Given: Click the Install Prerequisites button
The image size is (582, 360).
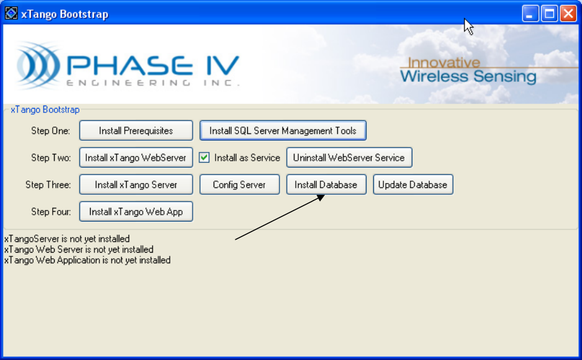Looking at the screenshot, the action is [136, 131].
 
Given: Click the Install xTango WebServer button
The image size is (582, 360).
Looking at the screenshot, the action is [136, 158].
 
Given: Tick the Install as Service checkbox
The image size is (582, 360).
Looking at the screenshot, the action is [204, 158].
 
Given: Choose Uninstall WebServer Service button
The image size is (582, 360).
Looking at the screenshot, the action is [348, 158].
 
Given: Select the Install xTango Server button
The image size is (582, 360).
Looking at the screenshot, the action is [136, 184].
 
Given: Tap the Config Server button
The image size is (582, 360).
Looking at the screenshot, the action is [239, 184].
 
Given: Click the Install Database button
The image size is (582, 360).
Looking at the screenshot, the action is [325, 184].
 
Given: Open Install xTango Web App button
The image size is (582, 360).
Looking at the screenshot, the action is [136, 212].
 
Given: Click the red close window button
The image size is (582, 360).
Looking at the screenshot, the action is [568, 14].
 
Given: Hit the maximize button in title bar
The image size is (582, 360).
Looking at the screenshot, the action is [549, 14].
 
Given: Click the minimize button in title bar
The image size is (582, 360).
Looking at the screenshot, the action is [530, 14].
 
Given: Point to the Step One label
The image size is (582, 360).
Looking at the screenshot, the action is [51, 131].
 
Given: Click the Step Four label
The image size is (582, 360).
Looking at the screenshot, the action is [51, 212].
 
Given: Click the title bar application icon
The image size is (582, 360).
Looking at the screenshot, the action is [11, 14].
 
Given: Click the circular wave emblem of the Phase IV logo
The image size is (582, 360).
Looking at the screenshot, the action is [39, 66].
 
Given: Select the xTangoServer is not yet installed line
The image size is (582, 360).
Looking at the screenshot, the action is [67, 238].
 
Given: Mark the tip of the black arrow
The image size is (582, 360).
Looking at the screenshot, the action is [325, 196].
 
